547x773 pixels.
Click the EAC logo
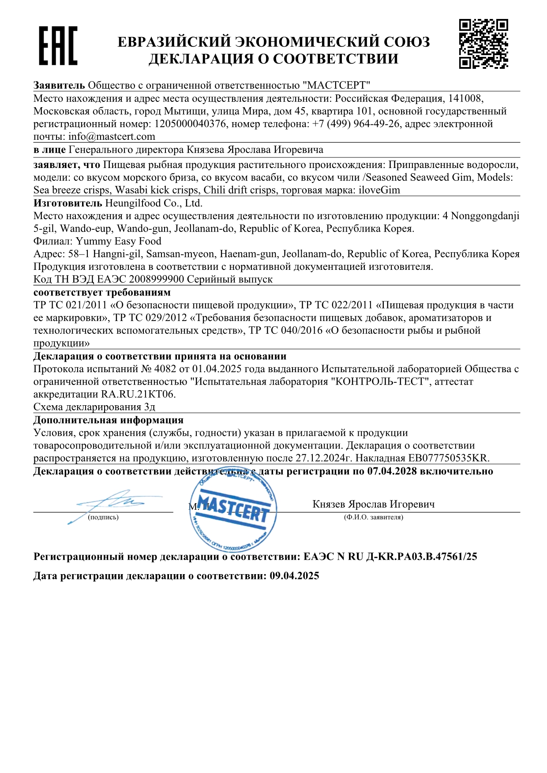[58, 46]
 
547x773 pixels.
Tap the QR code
[483, 44]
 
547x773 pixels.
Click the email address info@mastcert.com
[112, 137]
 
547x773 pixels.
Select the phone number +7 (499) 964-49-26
[356, 124]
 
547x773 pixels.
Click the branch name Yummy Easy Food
[119, 241]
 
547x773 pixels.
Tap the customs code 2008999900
[156, 280]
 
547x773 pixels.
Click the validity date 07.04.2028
[392, 471]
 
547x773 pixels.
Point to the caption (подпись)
[103, 517]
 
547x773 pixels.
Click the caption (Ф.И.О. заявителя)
[373, 517]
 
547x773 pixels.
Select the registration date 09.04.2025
[294, 576]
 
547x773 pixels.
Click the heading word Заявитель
[59, 86]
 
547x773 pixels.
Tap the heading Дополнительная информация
[108, 420]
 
